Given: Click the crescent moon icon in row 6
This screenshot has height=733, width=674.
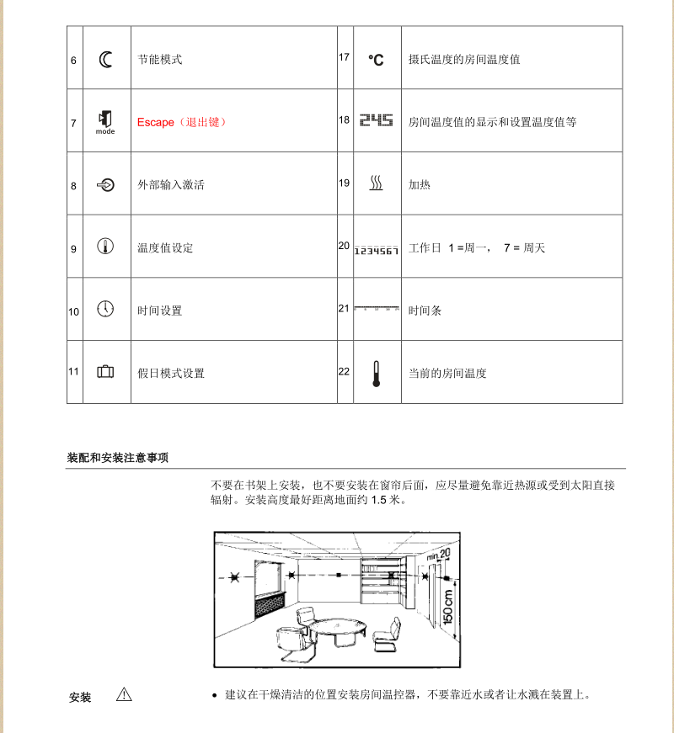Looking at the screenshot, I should click(x=105, y=59).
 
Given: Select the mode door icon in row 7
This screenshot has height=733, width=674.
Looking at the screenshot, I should click(x=105, y=119).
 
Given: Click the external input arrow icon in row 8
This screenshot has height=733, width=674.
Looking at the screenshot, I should click(x=106, y=185).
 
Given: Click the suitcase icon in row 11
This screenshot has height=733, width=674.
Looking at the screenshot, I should click(x=105, y=371).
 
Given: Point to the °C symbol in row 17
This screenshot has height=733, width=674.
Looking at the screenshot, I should click(x=376, y=60).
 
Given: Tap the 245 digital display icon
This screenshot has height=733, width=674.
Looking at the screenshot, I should click(x=376, y=121).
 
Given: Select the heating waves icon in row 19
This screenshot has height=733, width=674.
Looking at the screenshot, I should click(x=376, y=183).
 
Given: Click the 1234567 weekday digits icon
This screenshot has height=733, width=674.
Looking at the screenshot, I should click(x=376, y=251).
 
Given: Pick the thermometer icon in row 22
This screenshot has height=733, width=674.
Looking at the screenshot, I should click(x=376, y=373).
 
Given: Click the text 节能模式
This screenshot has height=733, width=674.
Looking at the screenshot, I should click(x=160, y=60).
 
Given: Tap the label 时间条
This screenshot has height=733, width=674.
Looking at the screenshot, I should click(x=425, y=311).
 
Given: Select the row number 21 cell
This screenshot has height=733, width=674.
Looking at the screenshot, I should click(x=344, y=308).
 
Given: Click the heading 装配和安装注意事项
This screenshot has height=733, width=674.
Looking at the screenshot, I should click(x=117, y=458).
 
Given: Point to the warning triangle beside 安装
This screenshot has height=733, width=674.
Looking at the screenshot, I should click(x=125, y=694).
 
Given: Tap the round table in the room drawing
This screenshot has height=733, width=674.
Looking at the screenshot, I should click(x=337, y=627).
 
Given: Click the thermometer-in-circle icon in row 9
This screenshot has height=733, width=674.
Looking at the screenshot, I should click(x=105, y=247).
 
